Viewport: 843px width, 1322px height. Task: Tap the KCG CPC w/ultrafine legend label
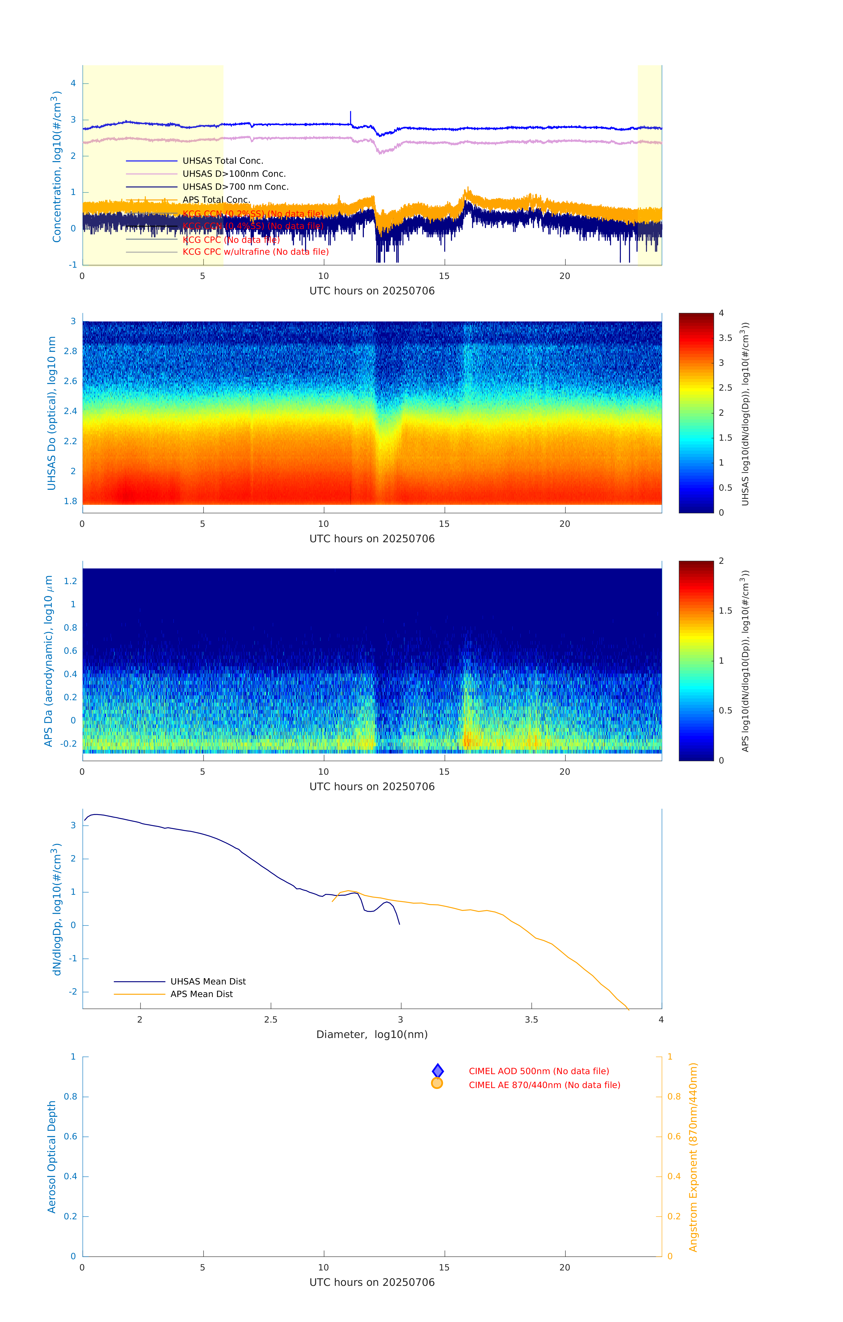[255, 252]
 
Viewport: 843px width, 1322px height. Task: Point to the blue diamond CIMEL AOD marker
[438, 1071]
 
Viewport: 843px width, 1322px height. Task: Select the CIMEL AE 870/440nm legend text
[544, 1085]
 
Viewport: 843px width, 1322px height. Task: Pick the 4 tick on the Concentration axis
[73, 84]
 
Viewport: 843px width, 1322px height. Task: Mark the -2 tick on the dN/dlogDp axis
[73, 991]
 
